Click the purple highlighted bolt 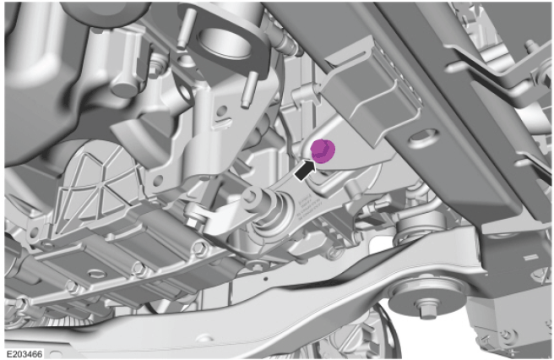click(323, 150)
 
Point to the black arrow click(304, 170)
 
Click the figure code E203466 click(24, 353)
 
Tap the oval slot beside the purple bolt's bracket click(422, 135)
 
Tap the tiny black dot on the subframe click(266, 278)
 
